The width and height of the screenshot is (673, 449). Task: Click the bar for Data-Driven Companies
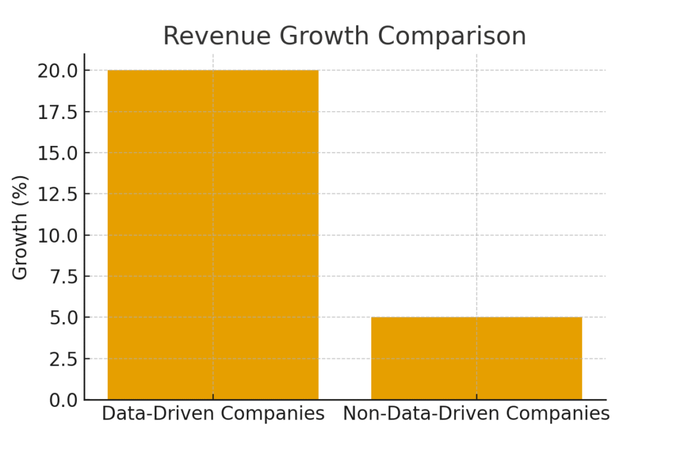(213, 235)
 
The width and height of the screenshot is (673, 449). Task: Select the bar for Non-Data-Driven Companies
(476, 358)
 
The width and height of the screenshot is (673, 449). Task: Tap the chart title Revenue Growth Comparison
(344, 36)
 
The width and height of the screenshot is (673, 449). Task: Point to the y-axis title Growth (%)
(21, 227)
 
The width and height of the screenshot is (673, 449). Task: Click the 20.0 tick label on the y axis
(57, 70)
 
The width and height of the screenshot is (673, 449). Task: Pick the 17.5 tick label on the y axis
(57, 112)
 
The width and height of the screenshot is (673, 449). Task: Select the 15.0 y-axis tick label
(57, 153)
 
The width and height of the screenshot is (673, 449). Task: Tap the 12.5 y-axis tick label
(57, 194)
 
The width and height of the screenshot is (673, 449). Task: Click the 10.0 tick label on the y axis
(57, 235)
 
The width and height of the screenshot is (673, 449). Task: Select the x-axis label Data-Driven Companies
(213, 414)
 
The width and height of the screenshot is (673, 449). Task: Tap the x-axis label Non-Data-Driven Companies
(476, 414)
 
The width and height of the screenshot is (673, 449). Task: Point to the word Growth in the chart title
(319, 36)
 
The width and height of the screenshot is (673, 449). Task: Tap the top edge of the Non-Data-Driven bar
(476, 318)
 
